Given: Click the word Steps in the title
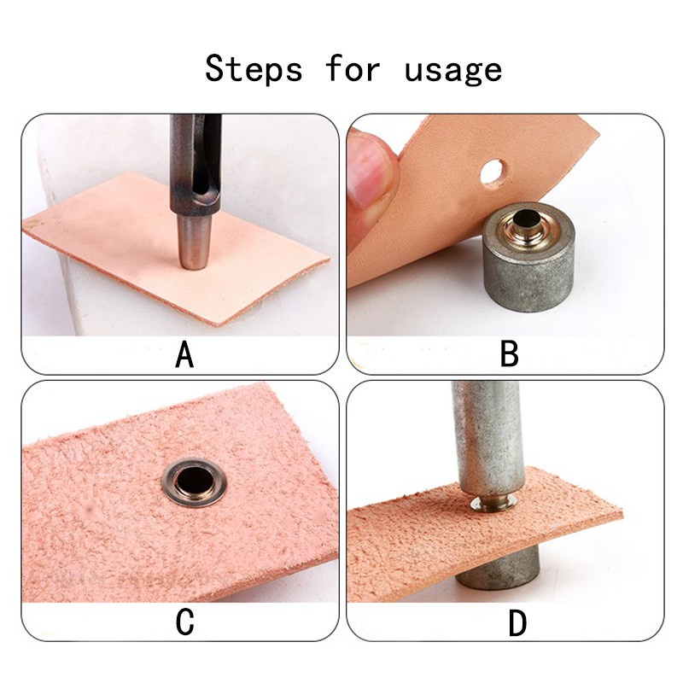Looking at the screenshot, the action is tap(254, 69).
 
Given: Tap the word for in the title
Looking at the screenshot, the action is tap(353, 68).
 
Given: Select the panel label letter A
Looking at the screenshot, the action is tap(184, 354).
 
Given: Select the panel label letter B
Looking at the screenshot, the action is tap(509, 353).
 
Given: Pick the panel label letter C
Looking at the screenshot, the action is tap(184, 622).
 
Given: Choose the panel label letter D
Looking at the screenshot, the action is tap(517, 623).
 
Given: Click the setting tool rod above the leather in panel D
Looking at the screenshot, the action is tap(486, 440).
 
